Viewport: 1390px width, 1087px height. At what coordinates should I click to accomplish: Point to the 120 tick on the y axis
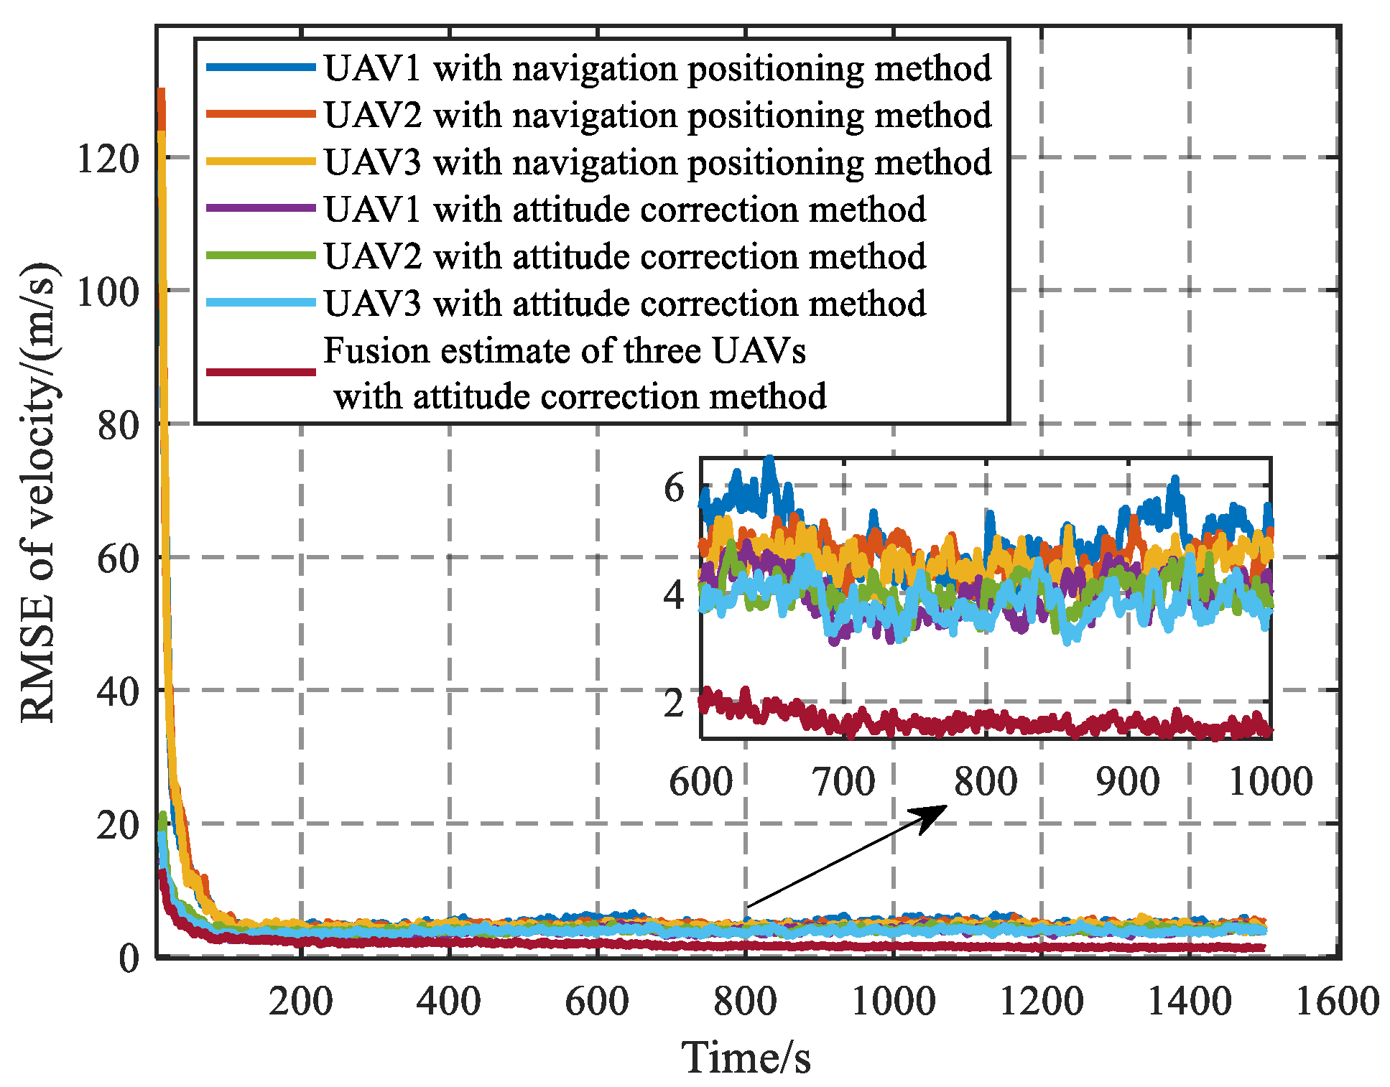(x=108, y=159)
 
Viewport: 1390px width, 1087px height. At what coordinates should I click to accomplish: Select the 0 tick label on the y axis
(x=129, y=958)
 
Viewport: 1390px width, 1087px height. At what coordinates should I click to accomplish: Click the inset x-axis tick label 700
(x=844, y=781)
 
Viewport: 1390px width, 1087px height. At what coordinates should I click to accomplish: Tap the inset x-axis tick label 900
(x=1128, y=781)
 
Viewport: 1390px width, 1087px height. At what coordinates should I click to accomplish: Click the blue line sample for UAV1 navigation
(x=261, y=67)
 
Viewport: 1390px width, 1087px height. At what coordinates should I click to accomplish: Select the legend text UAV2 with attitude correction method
(x=624, y=256)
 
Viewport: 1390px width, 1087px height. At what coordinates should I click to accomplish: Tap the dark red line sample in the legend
(x=261, y=372)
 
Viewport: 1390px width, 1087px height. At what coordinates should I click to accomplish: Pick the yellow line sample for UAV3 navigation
(x=261, y=162)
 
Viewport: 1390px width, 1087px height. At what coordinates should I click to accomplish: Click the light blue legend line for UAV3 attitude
(x=261, y=303)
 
